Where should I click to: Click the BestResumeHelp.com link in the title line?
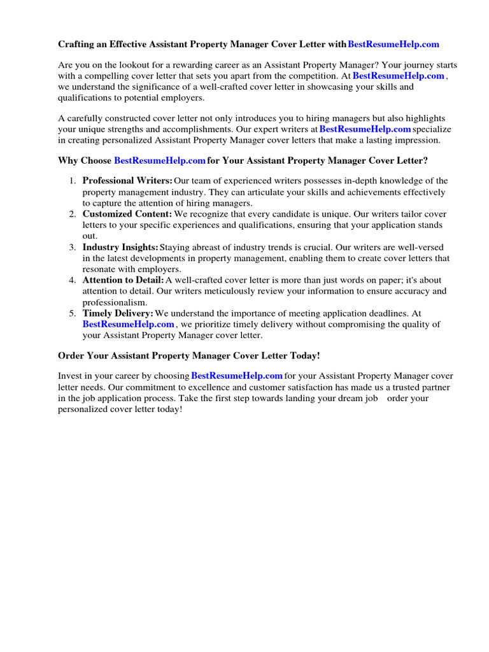tap(393, 45)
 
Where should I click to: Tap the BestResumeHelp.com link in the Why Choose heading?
tap(160, 160)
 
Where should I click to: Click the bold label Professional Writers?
tap(127, 181)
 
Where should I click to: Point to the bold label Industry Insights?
tap(120, 247)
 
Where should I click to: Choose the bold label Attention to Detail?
tap(124, 280)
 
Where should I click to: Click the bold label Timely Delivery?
tap(118, 313)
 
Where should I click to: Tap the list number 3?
tap(73, 247)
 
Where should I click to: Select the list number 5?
tap(73, 313)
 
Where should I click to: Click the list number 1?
tap(73, 181)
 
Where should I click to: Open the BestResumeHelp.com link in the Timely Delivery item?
tap(128, 324)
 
